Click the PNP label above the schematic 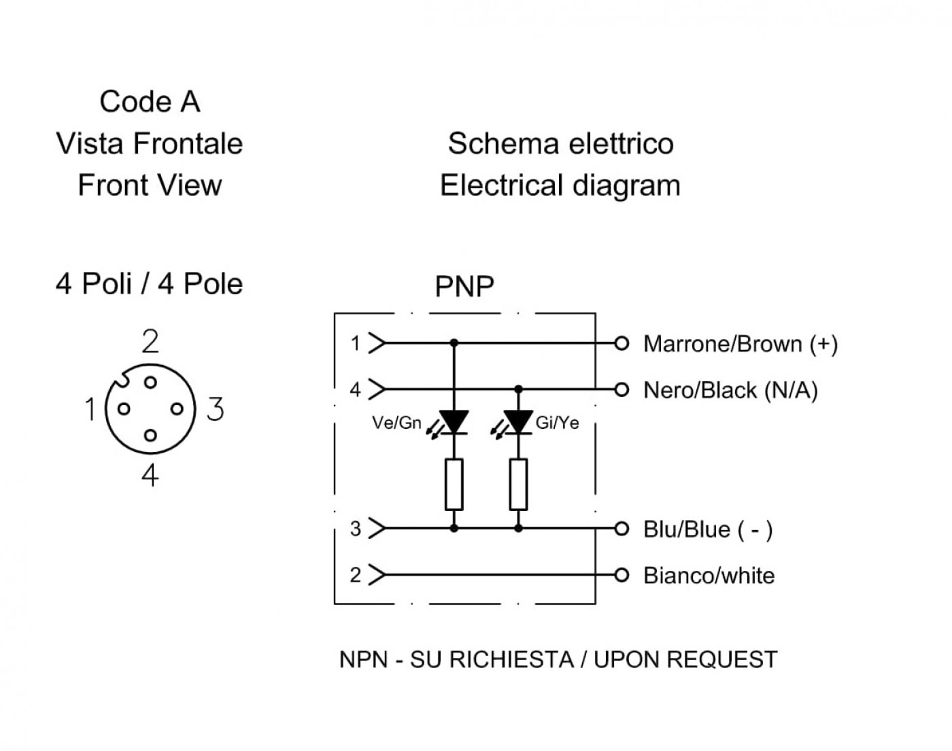(464, 287)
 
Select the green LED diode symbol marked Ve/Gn (454, 422)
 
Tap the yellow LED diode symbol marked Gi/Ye (518, 422)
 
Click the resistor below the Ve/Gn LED (454, 485)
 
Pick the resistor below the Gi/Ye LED (518, 485)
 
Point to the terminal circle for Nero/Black (622, 389)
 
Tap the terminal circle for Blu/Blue (622, 529)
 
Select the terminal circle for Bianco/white (622, 575)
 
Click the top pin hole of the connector (150, 382)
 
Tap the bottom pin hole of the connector (150, 436)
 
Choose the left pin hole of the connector (124, 409)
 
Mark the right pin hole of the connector (177, 409)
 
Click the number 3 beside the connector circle (216, 409)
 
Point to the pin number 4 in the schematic (355, 389)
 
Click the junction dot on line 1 (454, 343)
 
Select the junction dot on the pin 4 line (518, 389)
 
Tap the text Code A (150, 102)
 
